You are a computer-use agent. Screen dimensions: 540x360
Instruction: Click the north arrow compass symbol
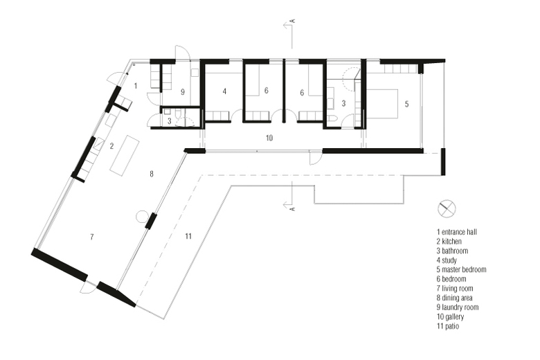pyautogui.click(x=447, y=209)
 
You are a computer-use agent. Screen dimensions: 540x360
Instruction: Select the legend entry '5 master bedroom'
pyautogui.click(x=462, y=269)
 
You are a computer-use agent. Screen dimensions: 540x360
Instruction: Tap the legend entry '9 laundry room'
pyautogui.click(x=458, y=307)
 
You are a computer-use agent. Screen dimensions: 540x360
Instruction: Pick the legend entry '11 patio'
pyautogui.click(x=448, y=326)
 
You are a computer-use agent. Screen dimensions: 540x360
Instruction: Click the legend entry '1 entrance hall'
pyautogui.click(x=457, y=232)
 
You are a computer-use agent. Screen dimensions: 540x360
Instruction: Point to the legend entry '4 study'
pyautogui.click(x=447, y=260)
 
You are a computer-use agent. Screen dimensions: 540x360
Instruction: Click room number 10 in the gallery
pyautogui.click(x=269, y=138)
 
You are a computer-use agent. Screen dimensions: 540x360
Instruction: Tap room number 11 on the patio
pyautogui.click(x=188, y=236)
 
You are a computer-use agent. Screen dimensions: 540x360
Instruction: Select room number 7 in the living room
pyautogui.click(x=91, y=237)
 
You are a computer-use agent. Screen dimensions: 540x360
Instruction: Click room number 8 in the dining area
pyautogui.click(x=152, y=174)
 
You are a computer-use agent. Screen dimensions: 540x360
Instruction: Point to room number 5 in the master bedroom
pyautogui.click(x=406, y=104)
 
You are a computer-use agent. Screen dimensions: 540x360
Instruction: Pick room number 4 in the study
pyautogui.click(x=224, y=91)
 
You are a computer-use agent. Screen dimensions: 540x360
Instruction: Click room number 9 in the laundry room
pyautogui.click(x=183, y=92)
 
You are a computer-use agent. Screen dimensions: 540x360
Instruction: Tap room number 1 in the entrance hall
pyautogui.click(x=136, y=85)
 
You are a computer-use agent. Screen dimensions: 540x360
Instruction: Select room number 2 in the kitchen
pyautogui.click(x=111, y=146)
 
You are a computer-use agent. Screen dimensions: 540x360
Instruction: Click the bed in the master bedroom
pyautogui.click(x=382, y=104)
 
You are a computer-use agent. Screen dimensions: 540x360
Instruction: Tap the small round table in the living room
pyautogui.click(x=142, y=217)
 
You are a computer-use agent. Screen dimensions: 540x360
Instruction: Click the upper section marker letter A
pyautogui.click(x=294, y=21)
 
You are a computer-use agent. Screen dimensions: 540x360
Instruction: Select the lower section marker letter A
pyautogui.click(x=294, y=209)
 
